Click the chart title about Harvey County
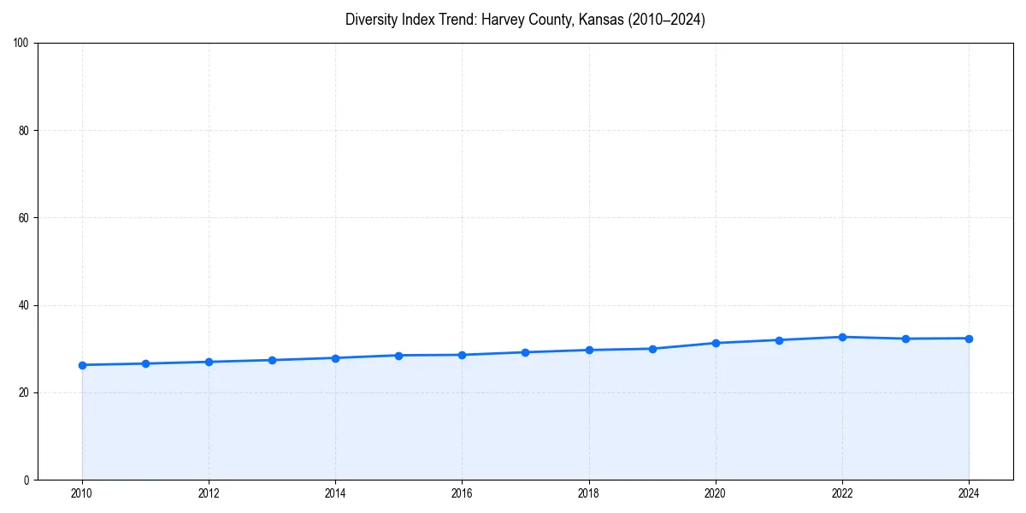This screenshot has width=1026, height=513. click(525, 20)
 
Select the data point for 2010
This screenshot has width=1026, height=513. click(82, 365)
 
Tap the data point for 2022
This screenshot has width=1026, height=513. click(842, 337)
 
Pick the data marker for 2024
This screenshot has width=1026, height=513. click(969, 339)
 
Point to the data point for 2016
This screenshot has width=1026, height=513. click(462, 355)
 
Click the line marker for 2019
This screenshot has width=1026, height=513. click(652, 349)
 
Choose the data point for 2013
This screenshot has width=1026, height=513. click(272, 360)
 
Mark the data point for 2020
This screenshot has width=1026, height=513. click(716, 343)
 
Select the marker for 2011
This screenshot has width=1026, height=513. click(145, 363)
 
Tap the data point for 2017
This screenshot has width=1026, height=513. click(525, 352)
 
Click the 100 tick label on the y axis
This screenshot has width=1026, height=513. click(21, 44)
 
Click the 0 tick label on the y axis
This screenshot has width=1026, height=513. click(27, 480)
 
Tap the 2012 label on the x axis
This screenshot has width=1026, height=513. click(209, 492)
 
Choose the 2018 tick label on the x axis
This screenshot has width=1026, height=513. click(588, 492)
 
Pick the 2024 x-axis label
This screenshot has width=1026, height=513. click(969, 492)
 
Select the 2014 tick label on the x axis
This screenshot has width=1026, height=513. click(335, 492)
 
